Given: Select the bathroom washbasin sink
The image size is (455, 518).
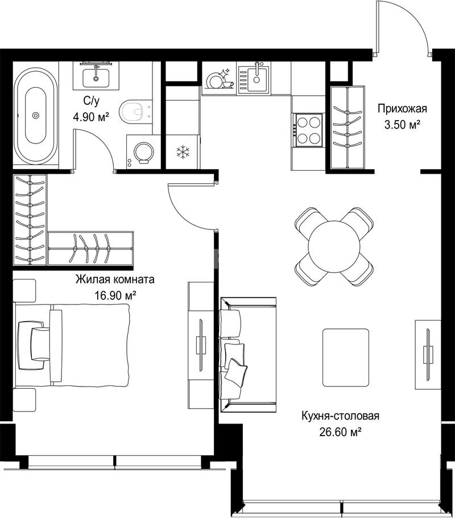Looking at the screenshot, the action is [96, 77].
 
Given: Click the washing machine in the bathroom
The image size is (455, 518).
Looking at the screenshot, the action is [143, 152].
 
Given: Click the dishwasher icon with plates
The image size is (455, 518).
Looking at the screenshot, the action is [219, 80].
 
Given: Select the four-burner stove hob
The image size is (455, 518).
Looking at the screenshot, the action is [309, 130].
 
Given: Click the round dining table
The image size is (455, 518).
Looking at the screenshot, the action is [334, 246].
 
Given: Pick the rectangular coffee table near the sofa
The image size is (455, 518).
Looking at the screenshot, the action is [346, 357].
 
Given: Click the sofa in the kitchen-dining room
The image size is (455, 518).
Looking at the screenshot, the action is [247, 355].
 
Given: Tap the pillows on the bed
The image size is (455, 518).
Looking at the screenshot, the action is [34, 344].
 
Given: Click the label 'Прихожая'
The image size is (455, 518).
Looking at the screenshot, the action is [402, 108].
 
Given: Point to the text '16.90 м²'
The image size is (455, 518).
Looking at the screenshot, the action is [115, 295].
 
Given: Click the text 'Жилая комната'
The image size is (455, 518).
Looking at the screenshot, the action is [115, 279].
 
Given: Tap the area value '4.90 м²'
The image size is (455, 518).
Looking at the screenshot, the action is [91, 117].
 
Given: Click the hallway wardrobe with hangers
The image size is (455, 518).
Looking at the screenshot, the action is [347, 127].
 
